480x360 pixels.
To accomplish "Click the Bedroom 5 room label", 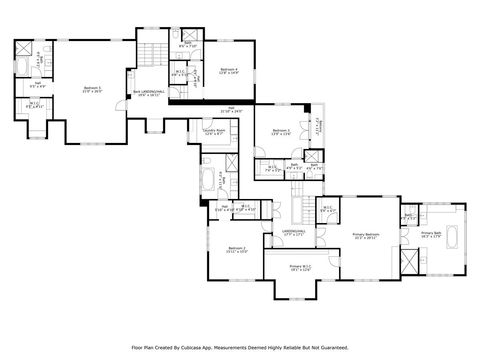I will [92, 88].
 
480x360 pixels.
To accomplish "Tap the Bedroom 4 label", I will [228, 70].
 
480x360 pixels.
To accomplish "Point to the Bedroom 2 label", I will [237, 249].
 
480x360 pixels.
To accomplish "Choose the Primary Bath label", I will [432, 233].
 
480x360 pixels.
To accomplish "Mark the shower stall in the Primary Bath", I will [410, 262].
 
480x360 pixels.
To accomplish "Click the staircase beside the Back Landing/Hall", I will [150, 56].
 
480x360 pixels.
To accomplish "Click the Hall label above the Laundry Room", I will [231, 110].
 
